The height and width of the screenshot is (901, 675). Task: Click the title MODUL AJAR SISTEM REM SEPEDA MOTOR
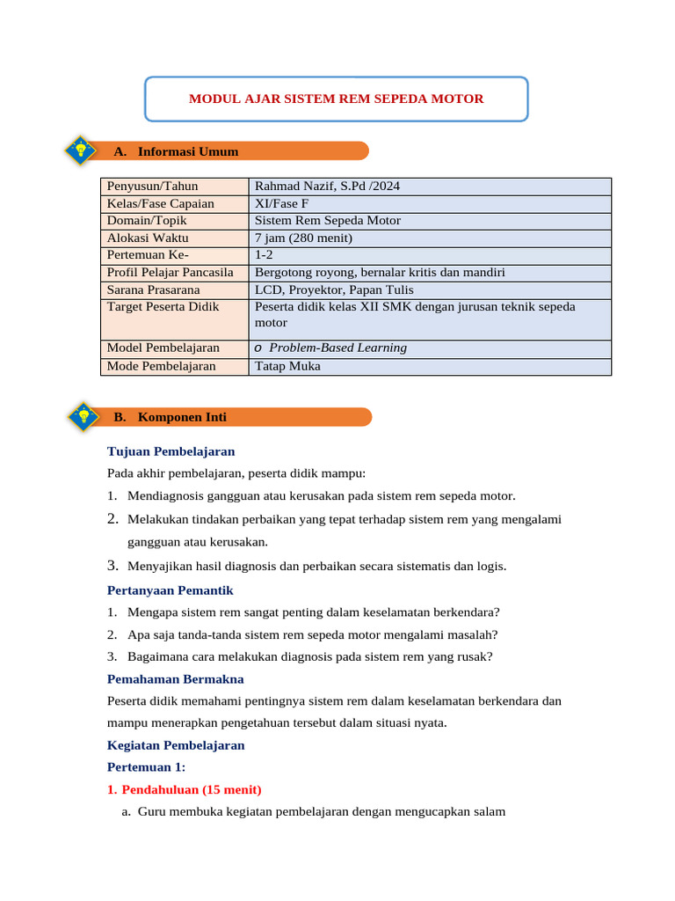point(336,99)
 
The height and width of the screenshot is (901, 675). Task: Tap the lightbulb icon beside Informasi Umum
point(81,150)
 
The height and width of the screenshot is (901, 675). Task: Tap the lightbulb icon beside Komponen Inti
point(83,416)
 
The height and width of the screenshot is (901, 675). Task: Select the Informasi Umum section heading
point(188,151)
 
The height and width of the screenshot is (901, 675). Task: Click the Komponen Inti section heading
point(182,417)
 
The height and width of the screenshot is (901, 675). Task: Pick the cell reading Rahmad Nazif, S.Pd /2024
point(327,186)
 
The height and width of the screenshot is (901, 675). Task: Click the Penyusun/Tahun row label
point(153,186)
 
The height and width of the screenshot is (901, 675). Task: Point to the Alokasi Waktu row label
point(148,238)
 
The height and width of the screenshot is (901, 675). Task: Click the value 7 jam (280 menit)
point(303,238)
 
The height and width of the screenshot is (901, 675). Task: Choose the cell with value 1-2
point(265,255)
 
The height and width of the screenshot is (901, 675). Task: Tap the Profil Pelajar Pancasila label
point(171,272)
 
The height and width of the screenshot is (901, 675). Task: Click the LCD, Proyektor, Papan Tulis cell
point(334,289)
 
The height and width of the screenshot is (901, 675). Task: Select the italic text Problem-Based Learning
point(337,348)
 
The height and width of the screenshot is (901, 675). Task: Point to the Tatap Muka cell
point(287,366)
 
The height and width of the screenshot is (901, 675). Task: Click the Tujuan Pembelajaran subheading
point(171,451)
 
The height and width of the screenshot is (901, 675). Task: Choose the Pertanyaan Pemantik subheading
point(170,590)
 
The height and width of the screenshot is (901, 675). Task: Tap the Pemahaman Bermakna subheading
point(175,679)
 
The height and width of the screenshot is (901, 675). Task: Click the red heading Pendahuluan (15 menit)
point(191,789)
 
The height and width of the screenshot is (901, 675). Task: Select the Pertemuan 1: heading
point(147,767)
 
